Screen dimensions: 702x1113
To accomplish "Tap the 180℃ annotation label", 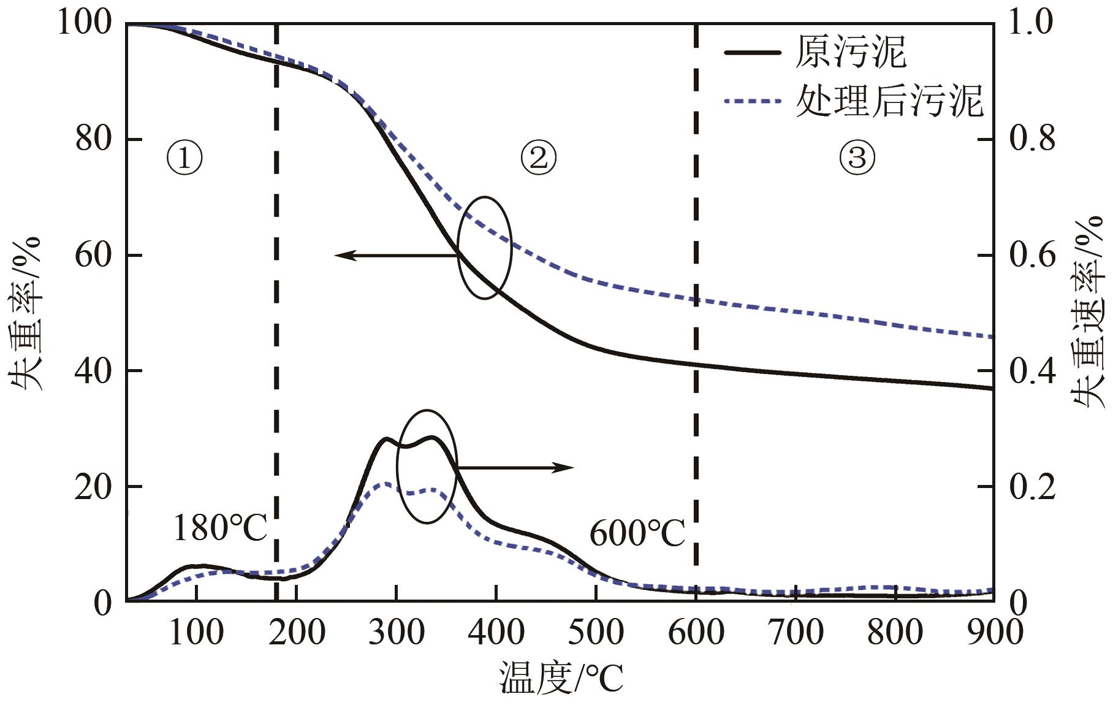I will point(220,528).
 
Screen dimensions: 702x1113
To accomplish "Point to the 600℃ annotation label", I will point(637,533).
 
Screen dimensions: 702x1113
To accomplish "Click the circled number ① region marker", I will point(184,159).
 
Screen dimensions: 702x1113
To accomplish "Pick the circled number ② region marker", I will point(538,158).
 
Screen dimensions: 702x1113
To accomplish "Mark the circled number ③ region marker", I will point(856,158).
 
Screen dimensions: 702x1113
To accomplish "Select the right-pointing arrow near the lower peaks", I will point(515,468).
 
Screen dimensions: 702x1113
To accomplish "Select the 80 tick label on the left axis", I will point(94,139).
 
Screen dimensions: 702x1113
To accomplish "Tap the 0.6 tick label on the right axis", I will point(1032,255).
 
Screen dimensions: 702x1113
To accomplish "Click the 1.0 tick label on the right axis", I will point(1032,23).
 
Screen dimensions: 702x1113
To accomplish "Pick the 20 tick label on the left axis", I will point(94,487).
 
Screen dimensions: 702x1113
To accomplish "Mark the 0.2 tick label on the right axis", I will point(1032,487).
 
